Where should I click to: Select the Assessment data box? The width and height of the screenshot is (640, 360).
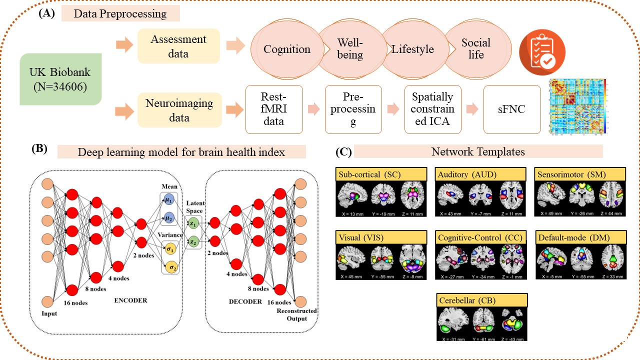(178, 46)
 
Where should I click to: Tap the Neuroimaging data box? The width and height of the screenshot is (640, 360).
(178, 110)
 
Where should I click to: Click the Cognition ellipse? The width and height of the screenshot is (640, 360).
(286, 49)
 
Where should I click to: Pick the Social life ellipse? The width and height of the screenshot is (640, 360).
(476, 48)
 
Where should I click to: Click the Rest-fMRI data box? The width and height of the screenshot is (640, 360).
(274, 109)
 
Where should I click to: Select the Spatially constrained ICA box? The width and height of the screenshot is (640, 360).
(432, 109)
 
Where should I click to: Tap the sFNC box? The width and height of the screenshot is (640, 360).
(512, 109)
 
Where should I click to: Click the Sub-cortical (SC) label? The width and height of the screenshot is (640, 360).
(381, 174)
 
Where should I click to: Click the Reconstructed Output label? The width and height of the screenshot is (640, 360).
(296, 314)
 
